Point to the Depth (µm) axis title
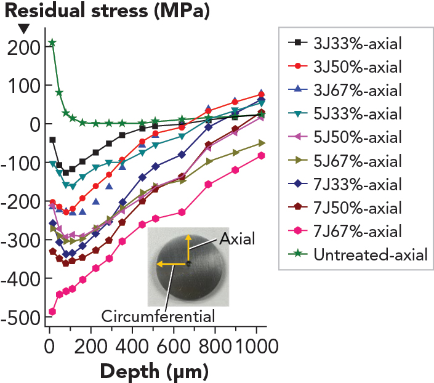tap(153, 371)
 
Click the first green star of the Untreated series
tap(52, 42)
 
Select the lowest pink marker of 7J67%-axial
tap(52, 312)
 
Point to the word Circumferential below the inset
tap(158, 316)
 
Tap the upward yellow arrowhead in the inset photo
tap(188, 236)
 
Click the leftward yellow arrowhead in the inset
tap(159, 264)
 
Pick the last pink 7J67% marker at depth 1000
tap(262, 156)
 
